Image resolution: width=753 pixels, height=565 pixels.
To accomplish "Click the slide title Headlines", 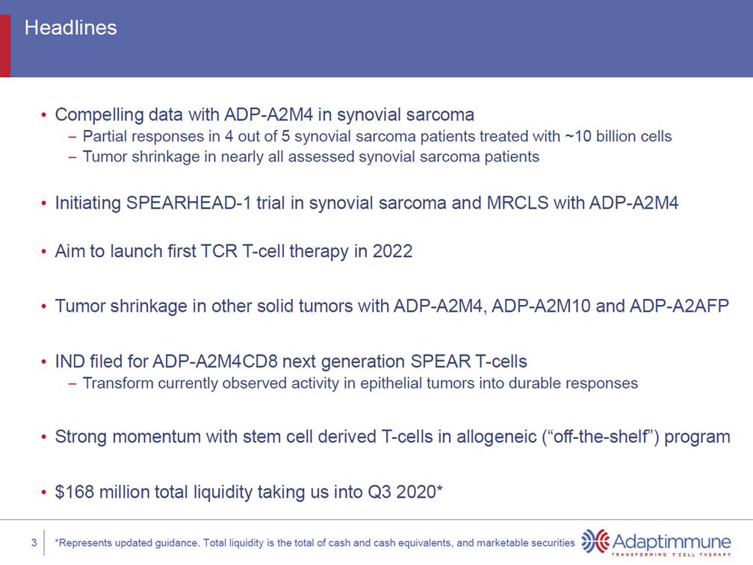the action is pyautogui.click(x=70, y=28).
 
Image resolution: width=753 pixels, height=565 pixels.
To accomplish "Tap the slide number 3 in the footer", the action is pyautogui.click(x=34, y=543).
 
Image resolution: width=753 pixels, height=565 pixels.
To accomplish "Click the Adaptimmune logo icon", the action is pyautogui.click(x=595, y=541).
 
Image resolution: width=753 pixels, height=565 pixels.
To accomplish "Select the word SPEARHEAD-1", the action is pyautogui.click(x=189, y=203).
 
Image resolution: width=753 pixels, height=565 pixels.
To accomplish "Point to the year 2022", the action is pyautogui.click(x=392, y=251).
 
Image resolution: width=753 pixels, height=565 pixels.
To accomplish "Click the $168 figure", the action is pyautogui.click(x=75, y=492).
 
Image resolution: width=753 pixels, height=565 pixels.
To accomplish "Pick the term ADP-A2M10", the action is pyautogui.click(x=541, y=306).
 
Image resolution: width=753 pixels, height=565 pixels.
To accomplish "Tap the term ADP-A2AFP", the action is pyautogui.click(x=679, y=306).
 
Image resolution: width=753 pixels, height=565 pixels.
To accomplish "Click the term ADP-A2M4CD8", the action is pyautogui.click(x=214, y=361).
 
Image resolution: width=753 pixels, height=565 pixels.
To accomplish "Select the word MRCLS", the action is pyautogui.click(x=517, y=203).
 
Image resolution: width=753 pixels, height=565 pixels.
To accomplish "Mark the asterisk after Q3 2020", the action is pyautogui.click(x=439, y=488).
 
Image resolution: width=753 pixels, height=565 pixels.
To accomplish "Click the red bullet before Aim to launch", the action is pyautogui.click(x=43, y=252).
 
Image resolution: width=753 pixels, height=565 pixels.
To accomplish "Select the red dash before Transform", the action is pyautogui.click(x=72, y=384).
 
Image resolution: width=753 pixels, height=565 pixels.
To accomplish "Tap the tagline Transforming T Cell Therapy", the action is pyautogui.click(x=672, y=555).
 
